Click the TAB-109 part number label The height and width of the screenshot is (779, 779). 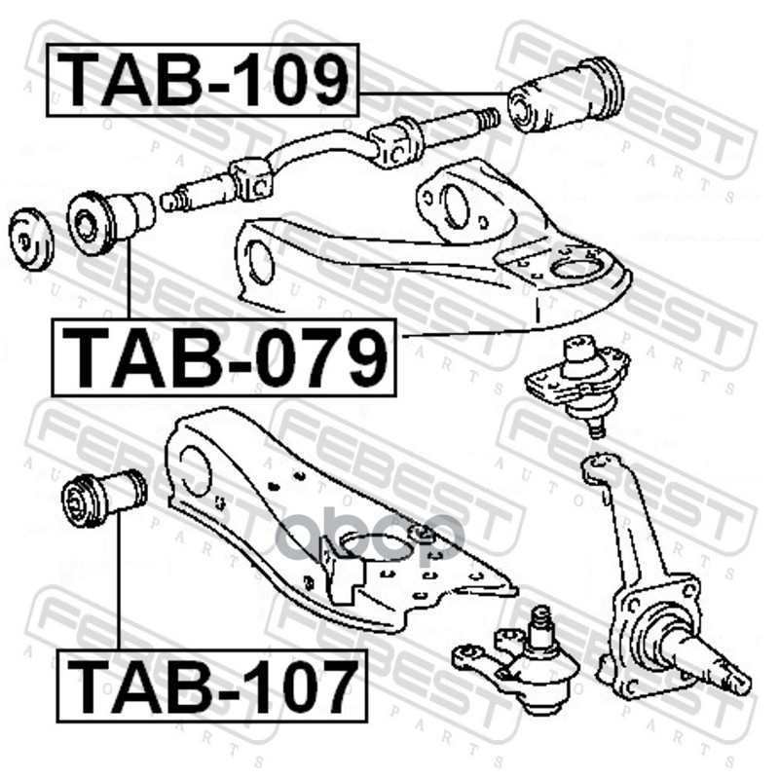tap(204, 80)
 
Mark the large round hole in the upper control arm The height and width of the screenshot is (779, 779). tap(574, 264)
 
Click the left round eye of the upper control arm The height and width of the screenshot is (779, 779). tap(259, 262)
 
